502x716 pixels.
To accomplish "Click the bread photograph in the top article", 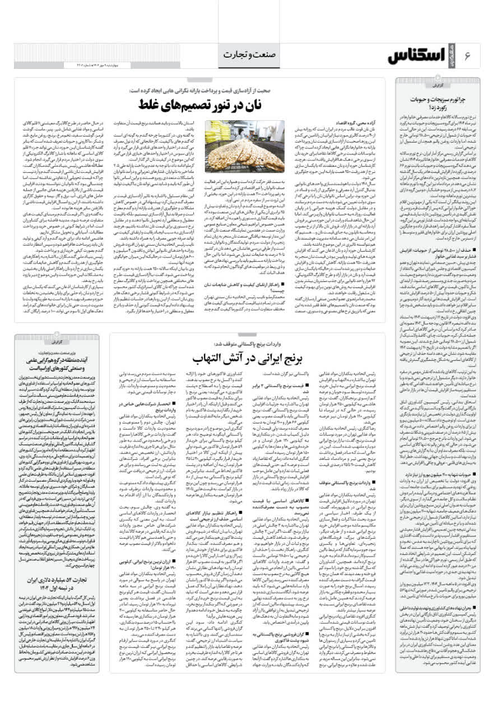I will coord(244,147).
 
